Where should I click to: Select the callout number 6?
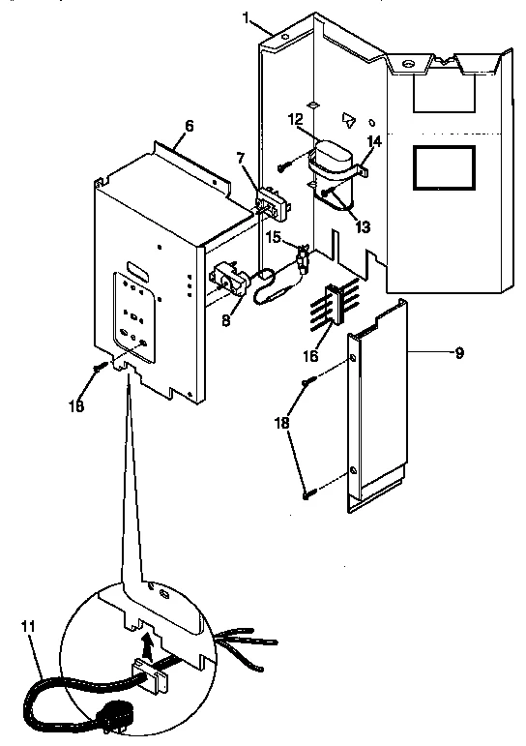tap(189, 127)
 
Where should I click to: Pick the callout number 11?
tap(28, 627)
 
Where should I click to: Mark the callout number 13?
tap(363, 227)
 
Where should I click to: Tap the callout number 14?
tap(375, 141)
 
